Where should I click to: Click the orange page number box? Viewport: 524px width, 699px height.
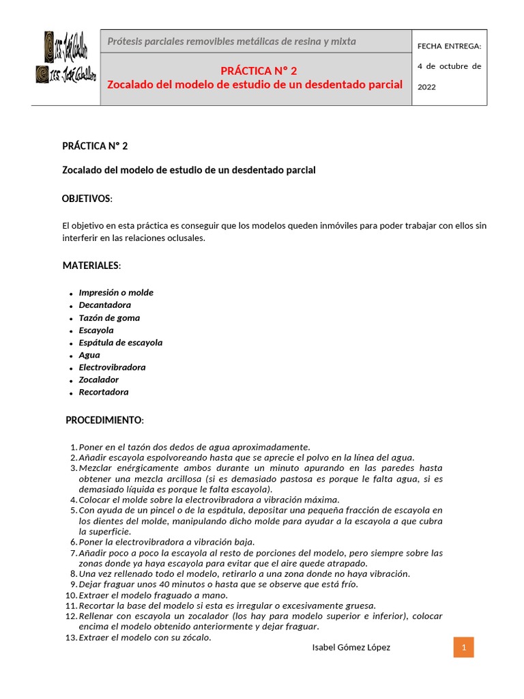coord(463,647)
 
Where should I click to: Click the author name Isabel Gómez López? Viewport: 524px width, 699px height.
coord(351,647)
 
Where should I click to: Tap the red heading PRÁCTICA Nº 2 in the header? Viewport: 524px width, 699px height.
coord(259,71)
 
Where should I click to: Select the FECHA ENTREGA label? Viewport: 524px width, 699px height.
coord(449,46)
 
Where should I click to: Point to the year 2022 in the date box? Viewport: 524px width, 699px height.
coord(426,87)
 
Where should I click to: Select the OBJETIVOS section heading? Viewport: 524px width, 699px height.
coord(87,199)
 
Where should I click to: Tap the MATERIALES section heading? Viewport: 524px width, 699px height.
coord(91,265)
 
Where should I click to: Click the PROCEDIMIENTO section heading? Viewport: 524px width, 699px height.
coord(104,420)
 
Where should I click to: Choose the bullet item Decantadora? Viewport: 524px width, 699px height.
coord(104,305)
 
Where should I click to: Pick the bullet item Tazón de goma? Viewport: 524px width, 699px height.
coord(109,317)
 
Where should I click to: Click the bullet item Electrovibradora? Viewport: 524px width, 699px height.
coord(112,367)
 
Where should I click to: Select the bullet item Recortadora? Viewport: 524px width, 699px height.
coord(103,393)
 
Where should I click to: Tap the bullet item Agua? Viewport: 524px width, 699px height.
coord(89,355)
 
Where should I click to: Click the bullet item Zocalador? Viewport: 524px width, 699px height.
coord(98,380)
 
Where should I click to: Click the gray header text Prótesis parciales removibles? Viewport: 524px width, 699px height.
coord(231,42)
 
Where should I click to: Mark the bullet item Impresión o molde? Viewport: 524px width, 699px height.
coord(116,293)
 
